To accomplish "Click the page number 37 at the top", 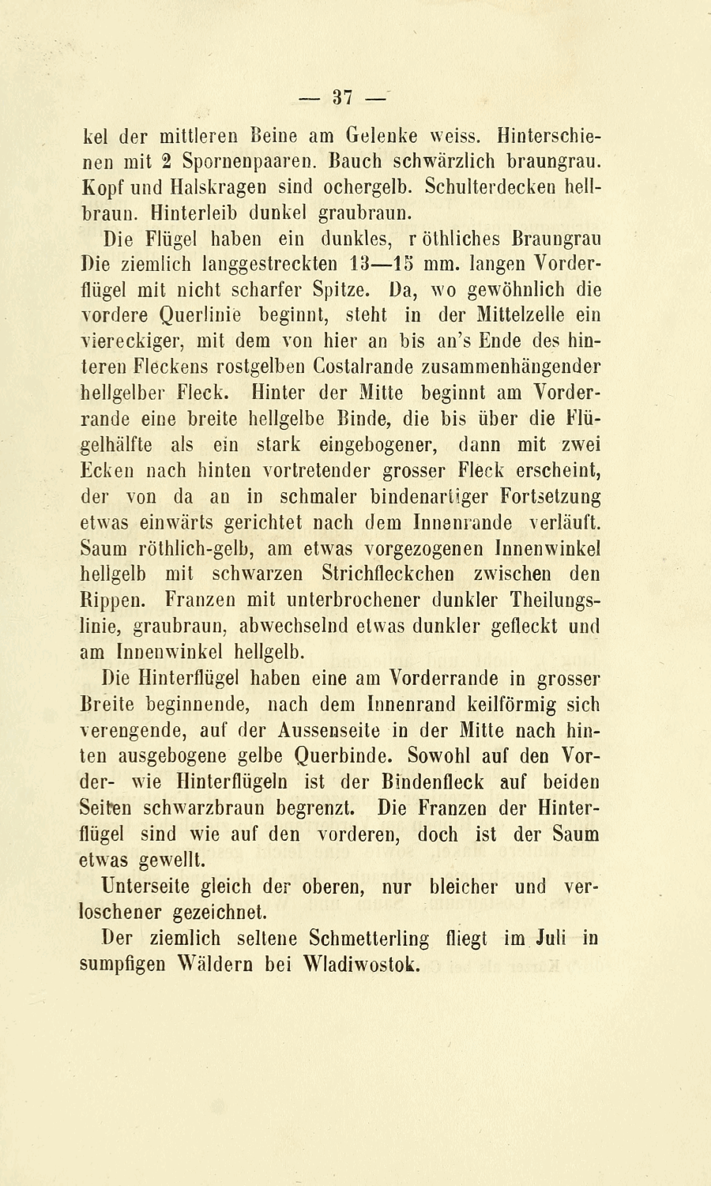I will [x=342, y=98].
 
